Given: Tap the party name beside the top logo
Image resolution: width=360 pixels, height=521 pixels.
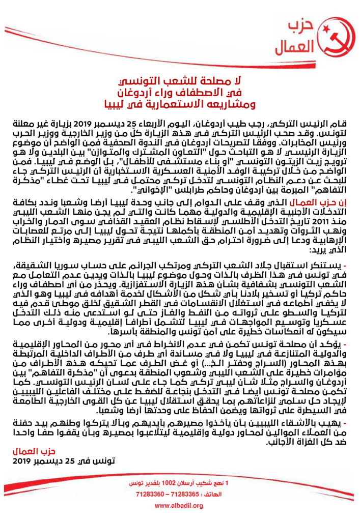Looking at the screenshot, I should tap(295, 38).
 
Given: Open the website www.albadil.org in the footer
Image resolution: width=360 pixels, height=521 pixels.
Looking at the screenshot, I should tap(179, 505).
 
